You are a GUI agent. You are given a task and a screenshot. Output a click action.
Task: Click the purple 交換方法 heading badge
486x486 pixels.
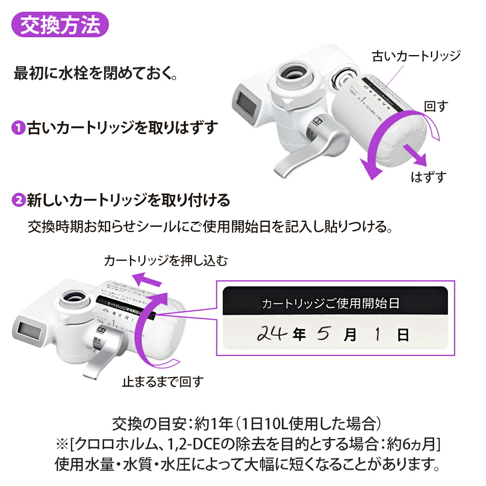(x=60, y=25)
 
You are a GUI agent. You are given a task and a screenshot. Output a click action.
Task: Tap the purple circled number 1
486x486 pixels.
(x=18, y=128)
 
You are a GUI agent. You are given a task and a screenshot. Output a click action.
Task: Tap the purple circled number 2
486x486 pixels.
(x=18, y=200)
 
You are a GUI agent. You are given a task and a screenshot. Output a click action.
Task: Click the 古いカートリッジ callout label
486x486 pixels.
(x=416, y=56)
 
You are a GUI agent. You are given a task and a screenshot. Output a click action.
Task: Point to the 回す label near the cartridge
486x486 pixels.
(x=436, y=106)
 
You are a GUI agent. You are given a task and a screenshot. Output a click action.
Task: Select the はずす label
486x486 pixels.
(x=428, y=177)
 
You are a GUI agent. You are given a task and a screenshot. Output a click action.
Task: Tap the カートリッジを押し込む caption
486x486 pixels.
(x=166, y=260)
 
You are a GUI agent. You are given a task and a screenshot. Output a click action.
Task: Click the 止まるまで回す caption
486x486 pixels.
(x=163, y=381)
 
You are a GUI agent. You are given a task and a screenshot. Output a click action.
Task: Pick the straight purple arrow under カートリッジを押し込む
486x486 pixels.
(x=148, y=279)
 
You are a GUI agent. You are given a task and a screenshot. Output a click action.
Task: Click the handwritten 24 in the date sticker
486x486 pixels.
(x=272, y=333)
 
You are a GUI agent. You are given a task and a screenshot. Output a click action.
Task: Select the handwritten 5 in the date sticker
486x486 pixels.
(x=323, y=334)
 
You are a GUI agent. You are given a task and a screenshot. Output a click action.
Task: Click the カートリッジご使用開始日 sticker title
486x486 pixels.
(x=330, y=303)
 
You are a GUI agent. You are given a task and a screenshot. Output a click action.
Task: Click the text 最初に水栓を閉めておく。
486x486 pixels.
(x=96, y=74)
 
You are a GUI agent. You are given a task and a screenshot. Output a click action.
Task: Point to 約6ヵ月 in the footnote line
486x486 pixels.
(x=411, y=444)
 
